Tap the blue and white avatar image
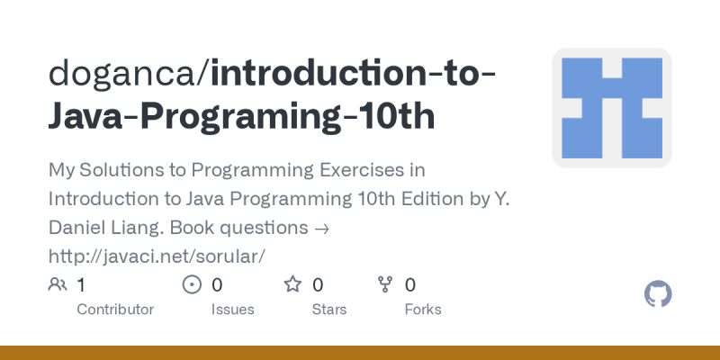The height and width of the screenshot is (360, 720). pyautogui.click(x=612, y=108)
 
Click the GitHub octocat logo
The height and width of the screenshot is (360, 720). pyautogui.click(x=659, y=294)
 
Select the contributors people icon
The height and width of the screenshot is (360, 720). pyautogui.click(x=58, y=285)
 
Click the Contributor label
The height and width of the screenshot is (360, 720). pyautogui.click(x=115, y=310)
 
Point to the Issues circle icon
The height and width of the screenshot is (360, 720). pyautogui.click(x=192, y=285)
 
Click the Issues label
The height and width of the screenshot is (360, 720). pyautogui.click(x=232, y=310)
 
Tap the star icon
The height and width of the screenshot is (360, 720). pyautogui.click(x=292, y=285)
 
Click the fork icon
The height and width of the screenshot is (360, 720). pyautogui.click(x=386, y=285)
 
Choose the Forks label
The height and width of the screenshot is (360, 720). pyautogui.click(x=422, y=310)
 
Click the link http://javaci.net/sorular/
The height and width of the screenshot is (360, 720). pyautogui.click(x=157, y=256)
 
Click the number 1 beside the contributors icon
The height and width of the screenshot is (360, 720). pyautogui.click(x=81, y=285)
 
